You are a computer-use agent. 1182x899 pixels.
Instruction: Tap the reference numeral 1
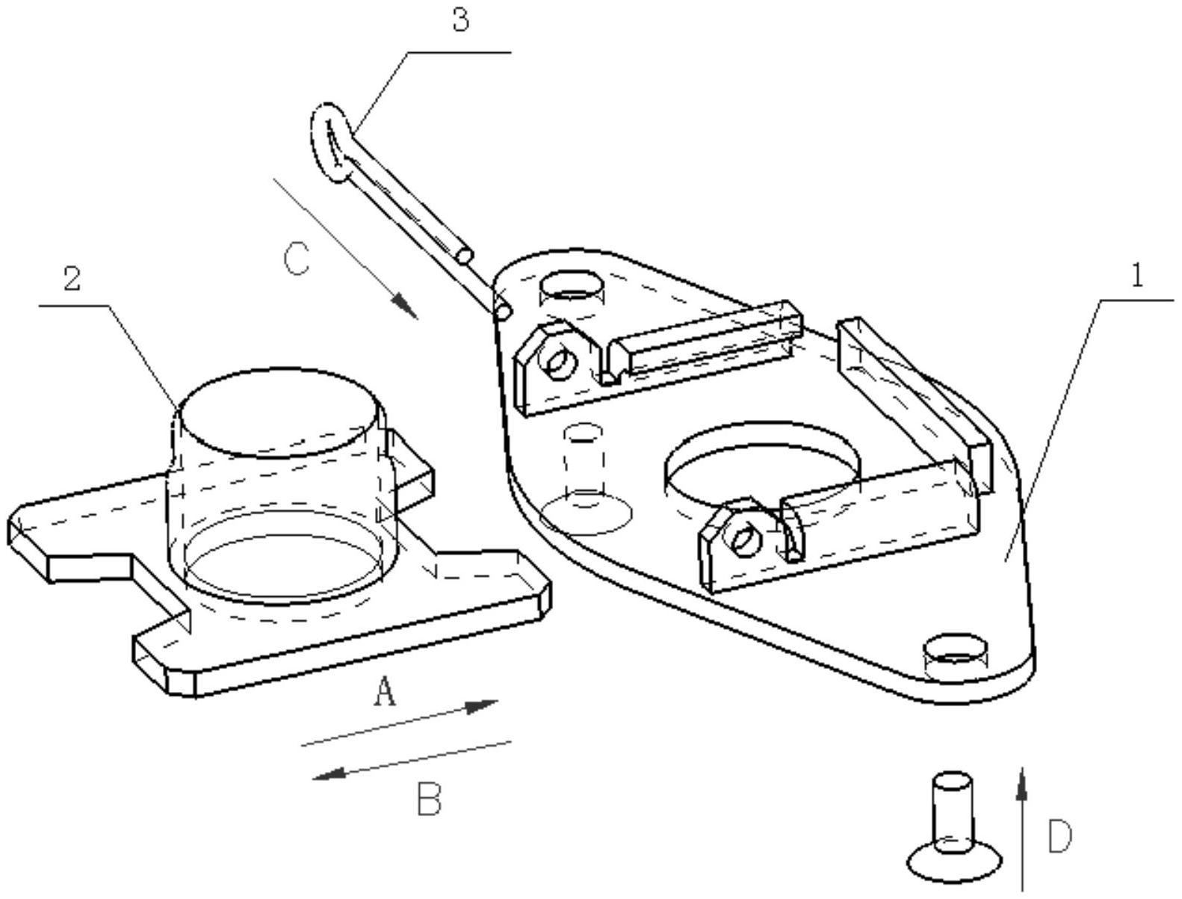pyautogui.click(x=1136, y=277)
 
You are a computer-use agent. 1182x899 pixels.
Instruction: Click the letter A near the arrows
pyautogui.click(x=384, y=692)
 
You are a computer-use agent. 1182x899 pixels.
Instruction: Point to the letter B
pyautogui.click(x=429, y=799)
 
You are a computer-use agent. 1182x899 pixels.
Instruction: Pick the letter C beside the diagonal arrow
pyautogui.click(x=297, y=259)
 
